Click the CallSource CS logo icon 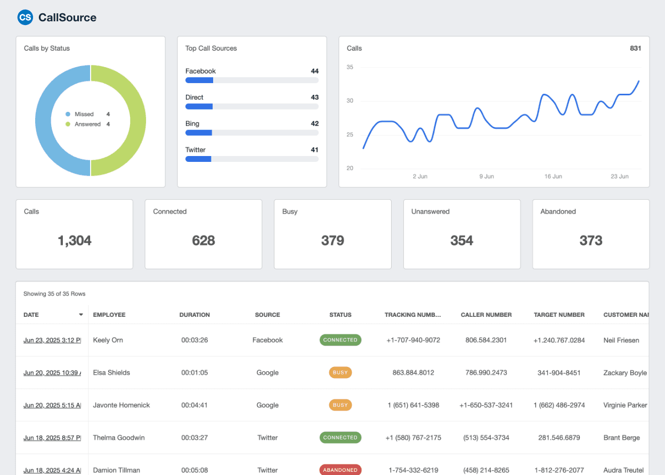click(x=25, y=18)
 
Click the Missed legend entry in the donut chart click(x=84, y=114)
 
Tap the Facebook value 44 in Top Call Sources click(x=314, y=71)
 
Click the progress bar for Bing click(x=252, y=133)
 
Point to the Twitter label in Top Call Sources click(x=195, y=150)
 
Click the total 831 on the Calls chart click(x=635, y=48)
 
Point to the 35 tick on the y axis click(x=350, y=67)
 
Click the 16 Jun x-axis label click(x=553, y=176)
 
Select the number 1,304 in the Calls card click(x=75, y=241)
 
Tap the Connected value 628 click(x=204, y=241)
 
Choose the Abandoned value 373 click(x=590, y=241)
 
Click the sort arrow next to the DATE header click(x=81, y=315)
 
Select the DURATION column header click(x=194, y=315)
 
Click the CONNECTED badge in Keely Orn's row click(x=340, y=340)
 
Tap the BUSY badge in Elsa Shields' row click(x=340, y=373)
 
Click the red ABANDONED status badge click(x=340, y=470)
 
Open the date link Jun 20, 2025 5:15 click(x=52, y=405)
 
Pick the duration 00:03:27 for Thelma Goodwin click(x=194, y=438)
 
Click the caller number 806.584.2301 click(x=486, y=340)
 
